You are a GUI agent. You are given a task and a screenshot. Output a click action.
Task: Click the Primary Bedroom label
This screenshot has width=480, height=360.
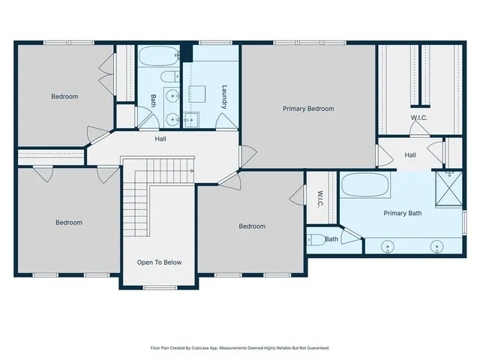[x=307, y=109]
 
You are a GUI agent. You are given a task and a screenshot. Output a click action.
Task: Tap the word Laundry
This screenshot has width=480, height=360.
[x=223, y=96]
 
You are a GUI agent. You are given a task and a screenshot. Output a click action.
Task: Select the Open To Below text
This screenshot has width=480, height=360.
[x=158, y=262]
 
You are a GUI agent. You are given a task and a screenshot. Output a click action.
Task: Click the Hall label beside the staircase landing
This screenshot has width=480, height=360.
[x=160, y=139]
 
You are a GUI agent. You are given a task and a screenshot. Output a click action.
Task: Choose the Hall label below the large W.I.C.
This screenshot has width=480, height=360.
[x=410, y=155]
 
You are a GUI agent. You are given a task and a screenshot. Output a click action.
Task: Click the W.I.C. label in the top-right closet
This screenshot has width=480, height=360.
[x=418, y=118]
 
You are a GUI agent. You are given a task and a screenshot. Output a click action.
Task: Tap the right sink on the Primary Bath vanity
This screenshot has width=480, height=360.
[x=437, y=245]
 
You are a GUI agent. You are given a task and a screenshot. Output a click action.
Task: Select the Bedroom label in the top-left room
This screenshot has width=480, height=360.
[x=64, y=96]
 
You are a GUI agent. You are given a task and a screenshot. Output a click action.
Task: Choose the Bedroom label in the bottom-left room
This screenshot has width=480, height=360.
[x=68, y=223]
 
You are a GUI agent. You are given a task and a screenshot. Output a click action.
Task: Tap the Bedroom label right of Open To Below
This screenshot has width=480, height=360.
[x=252, y=226]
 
